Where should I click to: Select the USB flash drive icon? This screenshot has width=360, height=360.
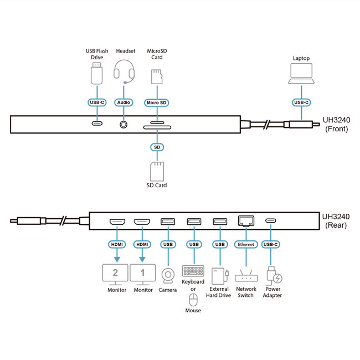pyautogui.click(x=98, y=71)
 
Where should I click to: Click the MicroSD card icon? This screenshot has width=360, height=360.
pyautogui.click(x=156, y=76)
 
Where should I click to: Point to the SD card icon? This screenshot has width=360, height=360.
pyautogui.click(x=157, y=171)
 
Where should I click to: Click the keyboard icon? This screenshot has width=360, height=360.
pyautogui.click(x=193, y=271)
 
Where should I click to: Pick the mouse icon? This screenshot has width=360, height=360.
pyautogui.click(x=193, y=300)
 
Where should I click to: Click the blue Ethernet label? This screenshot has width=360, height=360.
pyautogui.click(x=245, y=244)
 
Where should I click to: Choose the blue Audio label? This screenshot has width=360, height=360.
pyautogui.click(x=124, y=102)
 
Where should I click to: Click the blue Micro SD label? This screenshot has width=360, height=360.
pyautogui.click(x=157, y=102)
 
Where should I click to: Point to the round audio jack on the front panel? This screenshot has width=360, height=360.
pyautogui.click(x=124, y=124)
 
